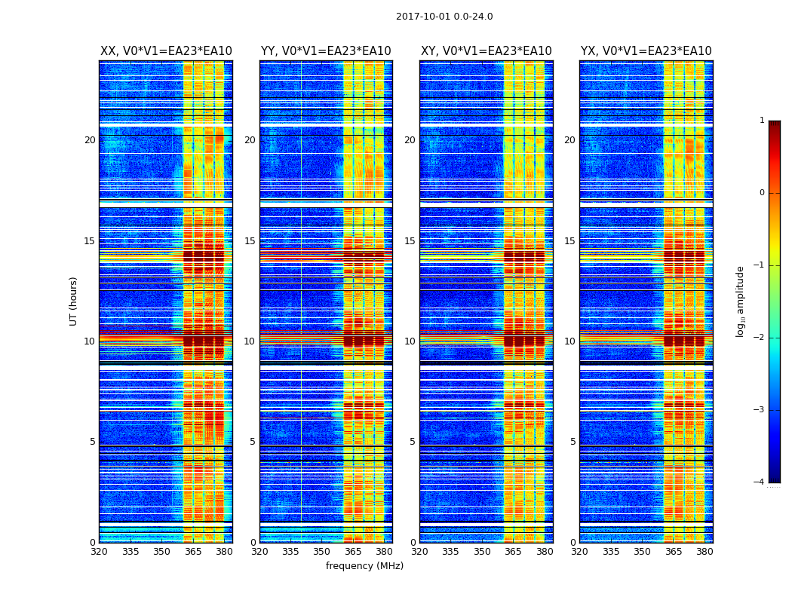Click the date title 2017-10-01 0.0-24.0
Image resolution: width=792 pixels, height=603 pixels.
point(444,17)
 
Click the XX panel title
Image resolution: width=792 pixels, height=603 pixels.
point(166,51)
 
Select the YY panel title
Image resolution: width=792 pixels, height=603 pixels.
point(326,51)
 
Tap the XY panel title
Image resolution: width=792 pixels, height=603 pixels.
point(486,51)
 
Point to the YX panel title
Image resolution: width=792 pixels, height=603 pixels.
point(646,51)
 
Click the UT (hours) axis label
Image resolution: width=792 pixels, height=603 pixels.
point(74,301)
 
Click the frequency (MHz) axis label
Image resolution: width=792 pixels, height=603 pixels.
point(364,566)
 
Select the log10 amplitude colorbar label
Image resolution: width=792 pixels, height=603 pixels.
point(741,301)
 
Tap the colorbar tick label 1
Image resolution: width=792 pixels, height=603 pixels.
point(762,121)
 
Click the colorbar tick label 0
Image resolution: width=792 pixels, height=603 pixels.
point(762,193)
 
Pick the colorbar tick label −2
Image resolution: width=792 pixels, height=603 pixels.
point(760,338)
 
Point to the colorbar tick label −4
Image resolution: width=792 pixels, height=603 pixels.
point(760,482)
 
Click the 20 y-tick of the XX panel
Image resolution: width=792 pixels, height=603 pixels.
point(90,140)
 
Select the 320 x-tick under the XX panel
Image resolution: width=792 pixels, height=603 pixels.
point(99,552)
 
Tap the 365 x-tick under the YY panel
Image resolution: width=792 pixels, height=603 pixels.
point(353,552)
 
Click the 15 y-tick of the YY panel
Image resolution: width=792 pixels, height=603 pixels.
point(250,241)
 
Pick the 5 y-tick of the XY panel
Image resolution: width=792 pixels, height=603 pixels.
point(413,442)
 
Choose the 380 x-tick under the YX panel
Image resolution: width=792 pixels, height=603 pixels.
point(705,552)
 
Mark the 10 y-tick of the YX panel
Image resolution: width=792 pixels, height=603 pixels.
point(569,341)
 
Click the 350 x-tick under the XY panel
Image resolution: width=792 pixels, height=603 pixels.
point(482,552)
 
